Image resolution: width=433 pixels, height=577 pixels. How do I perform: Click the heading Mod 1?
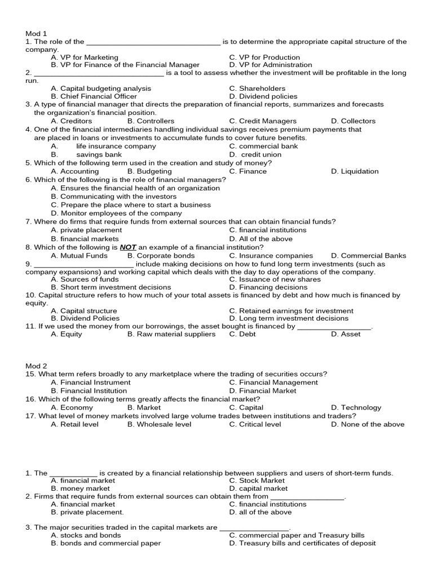point(35,34)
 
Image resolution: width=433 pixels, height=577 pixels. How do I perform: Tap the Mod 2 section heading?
point(35,366)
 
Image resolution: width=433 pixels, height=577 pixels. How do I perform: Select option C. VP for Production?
point(264,57)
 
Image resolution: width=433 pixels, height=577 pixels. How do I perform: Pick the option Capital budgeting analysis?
point(101,88)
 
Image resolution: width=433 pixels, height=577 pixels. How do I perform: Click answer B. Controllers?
point(151,121)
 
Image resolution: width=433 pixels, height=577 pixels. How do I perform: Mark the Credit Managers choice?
point(263,121)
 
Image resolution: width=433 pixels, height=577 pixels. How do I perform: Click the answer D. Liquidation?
point(355,171)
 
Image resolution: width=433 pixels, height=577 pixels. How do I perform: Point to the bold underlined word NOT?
point(128,247)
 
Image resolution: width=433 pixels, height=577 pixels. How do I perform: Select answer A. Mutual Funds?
point(79,255)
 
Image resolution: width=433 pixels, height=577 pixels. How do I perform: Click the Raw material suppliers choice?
point(171,334)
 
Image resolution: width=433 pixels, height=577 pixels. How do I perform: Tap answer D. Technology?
point(356,407)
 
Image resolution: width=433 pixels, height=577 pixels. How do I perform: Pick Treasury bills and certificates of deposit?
point(302,543)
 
